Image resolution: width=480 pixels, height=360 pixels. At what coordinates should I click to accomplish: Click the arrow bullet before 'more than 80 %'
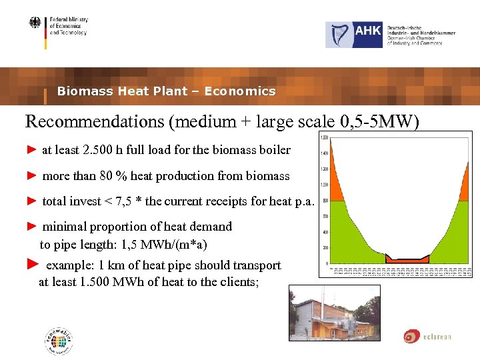pos(31,176)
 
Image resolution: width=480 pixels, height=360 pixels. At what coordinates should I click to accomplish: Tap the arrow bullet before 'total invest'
pos(31,201)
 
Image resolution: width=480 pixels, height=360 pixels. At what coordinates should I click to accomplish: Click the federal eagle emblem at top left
pos(35,24)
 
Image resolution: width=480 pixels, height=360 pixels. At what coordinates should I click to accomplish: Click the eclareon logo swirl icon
pos(411,336)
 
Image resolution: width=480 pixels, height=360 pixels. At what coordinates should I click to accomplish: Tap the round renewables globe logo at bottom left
pos(59,341)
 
